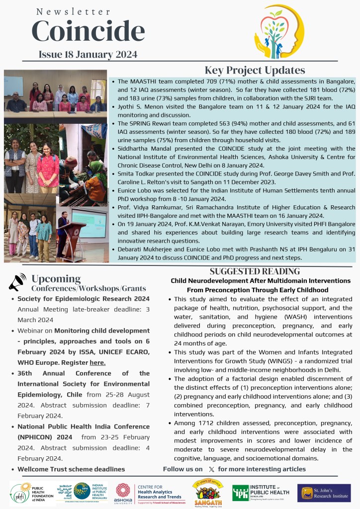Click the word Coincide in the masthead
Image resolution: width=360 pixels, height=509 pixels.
tap(88, 31)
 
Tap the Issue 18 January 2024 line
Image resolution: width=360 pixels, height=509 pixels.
tap(88, 54)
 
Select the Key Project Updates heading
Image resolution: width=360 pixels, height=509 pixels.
tap(255, 70)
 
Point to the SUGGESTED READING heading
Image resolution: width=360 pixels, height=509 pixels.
tap(255, 271)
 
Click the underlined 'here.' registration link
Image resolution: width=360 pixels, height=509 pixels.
tap(97, 363)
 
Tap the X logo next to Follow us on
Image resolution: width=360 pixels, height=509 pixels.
tap(211, 469)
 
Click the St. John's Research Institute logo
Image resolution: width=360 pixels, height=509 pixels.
tap(324, 493)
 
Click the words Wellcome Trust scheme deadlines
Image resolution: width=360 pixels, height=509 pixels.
tap(71, 469)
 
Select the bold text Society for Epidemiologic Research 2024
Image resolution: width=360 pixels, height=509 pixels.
tap(83, 299)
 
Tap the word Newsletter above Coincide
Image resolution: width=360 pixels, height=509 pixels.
tap(73, 11)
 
